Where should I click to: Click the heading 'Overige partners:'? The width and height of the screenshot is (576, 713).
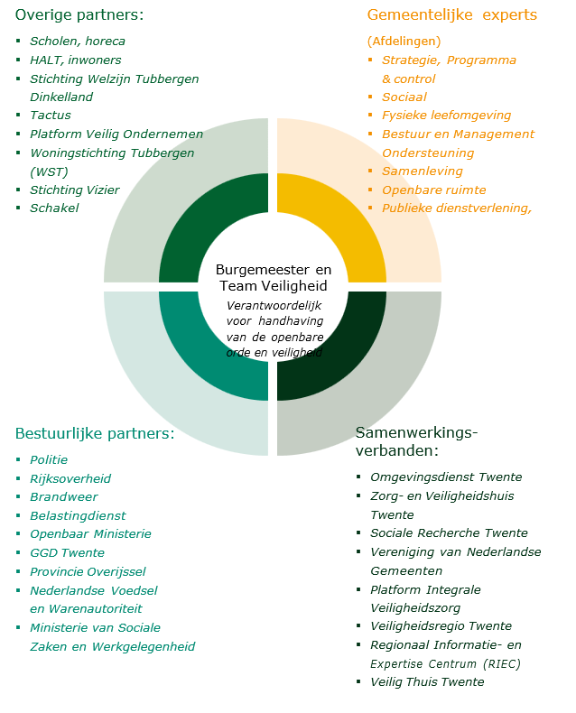79,15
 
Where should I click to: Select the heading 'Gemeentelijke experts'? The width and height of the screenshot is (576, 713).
451,15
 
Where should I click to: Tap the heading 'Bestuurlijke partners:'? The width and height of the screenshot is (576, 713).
95,433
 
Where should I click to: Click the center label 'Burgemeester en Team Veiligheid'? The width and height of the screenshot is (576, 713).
274,278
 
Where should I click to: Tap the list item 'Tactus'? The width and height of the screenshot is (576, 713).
50,116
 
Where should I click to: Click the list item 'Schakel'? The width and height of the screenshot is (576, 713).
54,208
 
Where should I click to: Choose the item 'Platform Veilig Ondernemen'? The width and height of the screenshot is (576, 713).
116,134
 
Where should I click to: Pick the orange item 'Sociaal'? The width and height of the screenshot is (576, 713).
404,97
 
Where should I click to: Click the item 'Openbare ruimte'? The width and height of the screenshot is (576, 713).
433,190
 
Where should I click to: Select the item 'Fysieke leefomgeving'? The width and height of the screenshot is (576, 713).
446,116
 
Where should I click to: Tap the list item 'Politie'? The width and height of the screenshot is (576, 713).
49,460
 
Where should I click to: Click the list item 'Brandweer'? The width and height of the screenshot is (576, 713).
63,497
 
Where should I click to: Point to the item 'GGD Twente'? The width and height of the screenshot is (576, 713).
67,553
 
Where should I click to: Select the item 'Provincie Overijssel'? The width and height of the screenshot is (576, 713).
88,571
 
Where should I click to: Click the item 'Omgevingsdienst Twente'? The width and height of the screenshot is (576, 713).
446,477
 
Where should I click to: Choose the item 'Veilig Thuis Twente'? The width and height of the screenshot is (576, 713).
427,682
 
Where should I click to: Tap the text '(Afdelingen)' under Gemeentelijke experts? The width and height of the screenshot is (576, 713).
404,42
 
